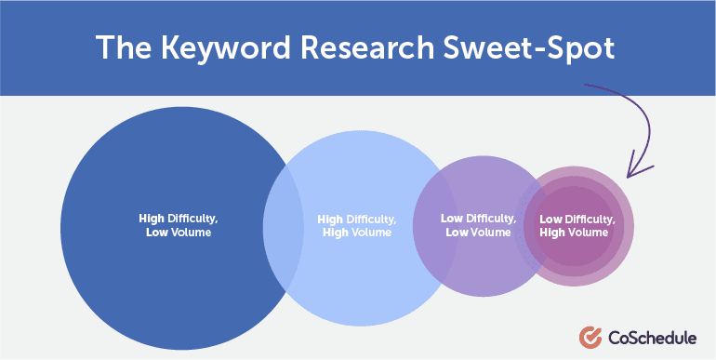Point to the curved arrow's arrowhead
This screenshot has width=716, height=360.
tap(631, 170)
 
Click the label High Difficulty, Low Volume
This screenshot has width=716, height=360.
tap(179, 225)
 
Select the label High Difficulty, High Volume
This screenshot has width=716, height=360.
tap(357, 225)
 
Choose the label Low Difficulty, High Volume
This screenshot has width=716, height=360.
tap(577, 225)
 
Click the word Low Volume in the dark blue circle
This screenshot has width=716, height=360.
tap(179, 233)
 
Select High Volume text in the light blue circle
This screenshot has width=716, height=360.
tap(357, 233)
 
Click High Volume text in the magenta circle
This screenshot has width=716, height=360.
tap(577, 233)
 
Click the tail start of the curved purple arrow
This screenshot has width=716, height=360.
tap(583, 87)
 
